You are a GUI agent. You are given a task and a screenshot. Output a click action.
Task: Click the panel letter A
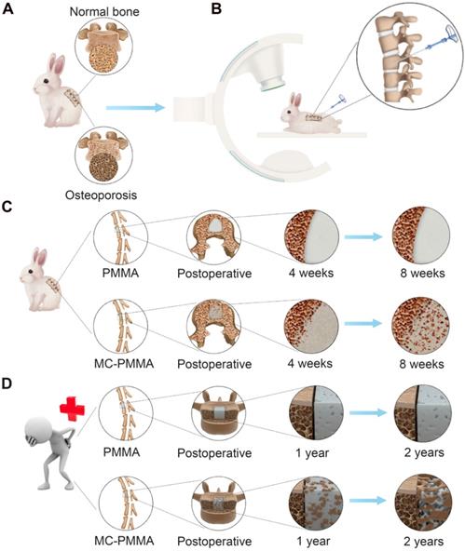click(x=9, y=10)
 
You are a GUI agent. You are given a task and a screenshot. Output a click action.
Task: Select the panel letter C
click(x=9, y=201)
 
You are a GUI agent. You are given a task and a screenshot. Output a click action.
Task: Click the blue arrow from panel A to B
click(x=135, y=109)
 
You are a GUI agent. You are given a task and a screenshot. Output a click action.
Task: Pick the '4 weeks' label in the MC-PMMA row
click(x=310, y=363)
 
